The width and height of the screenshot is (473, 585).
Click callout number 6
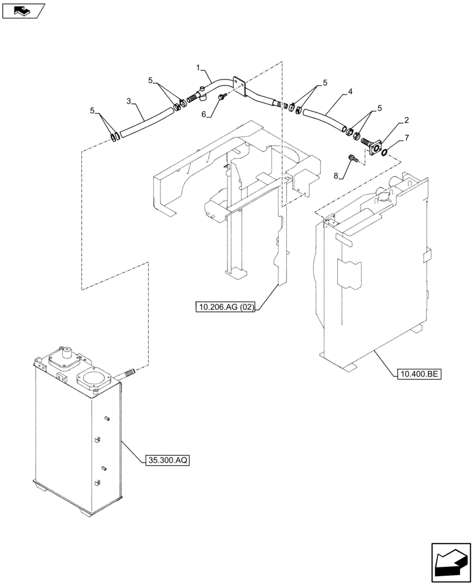204,115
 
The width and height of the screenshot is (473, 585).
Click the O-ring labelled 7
384,153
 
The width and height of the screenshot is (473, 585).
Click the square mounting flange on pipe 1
238,85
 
